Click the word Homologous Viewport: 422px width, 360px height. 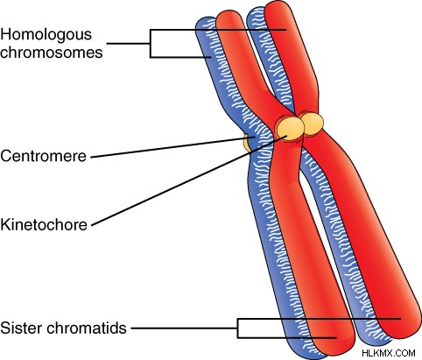click(46, 35)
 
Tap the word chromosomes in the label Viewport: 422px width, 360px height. click(52, 53)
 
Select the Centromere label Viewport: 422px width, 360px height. click(43, 156)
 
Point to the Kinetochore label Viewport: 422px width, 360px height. click(44, 224)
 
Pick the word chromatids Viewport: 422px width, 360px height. click(87, 328)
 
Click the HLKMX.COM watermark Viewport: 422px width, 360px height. click(389, 353)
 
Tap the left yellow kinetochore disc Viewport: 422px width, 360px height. click(290, 128)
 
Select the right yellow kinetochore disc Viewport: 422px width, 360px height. click(313, 124)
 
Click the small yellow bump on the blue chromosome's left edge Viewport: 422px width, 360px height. click(247, 143)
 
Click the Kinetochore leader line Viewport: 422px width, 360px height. click(189, 180)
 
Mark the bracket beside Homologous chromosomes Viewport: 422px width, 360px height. click(151, 44)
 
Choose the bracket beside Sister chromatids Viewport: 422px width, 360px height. click(238, 328)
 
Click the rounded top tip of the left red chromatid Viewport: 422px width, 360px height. click(229, 15)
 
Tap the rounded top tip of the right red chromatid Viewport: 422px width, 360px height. click(278, 6)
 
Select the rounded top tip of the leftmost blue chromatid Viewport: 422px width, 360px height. click(204, 21)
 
